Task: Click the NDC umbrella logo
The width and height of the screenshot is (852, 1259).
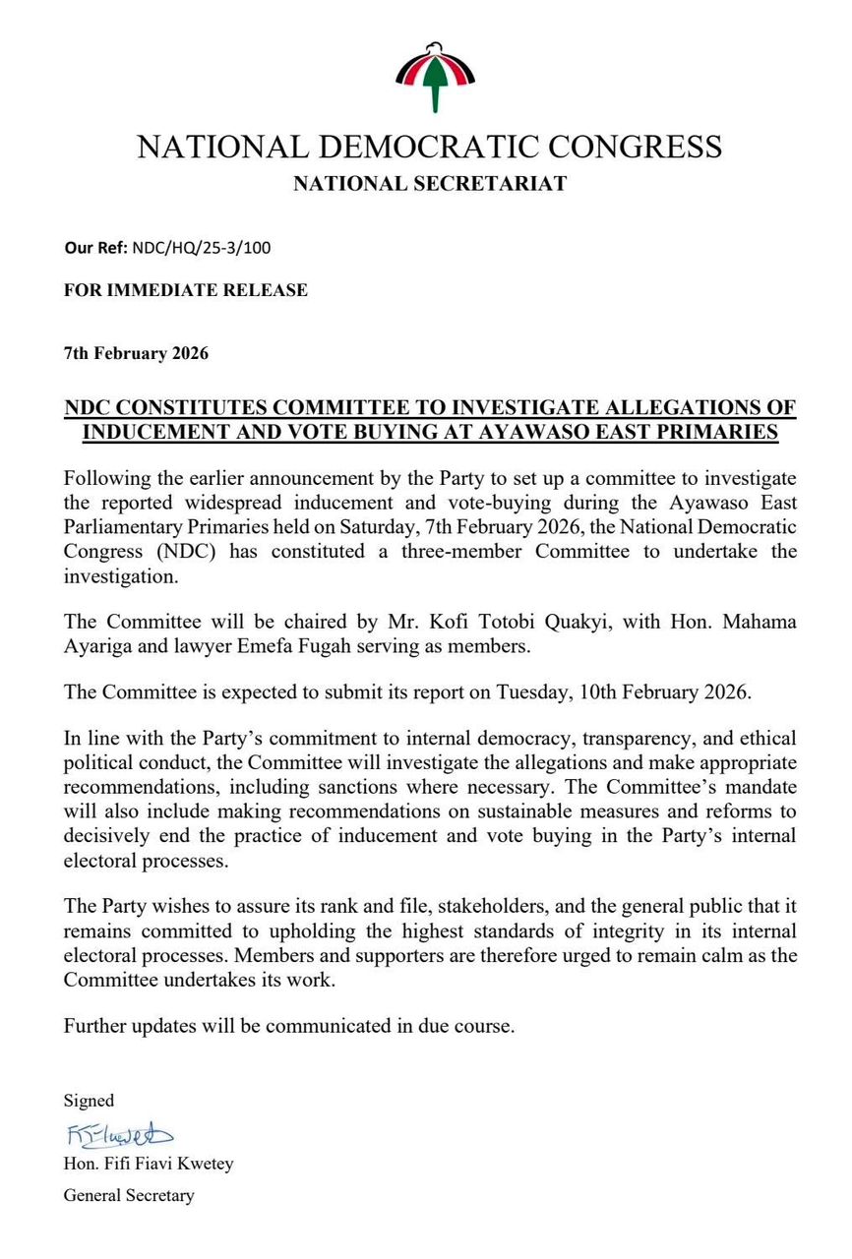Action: (x=435, y=76)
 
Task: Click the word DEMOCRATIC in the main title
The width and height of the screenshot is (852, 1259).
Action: (x=434, y=148)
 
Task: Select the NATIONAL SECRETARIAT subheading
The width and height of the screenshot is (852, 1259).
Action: (x=430, y=183)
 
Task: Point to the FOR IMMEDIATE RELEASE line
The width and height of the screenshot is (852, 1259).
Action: (x=186, y=290)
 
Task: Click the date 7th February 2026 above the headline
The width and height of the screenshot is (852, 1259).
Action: (x=136, y=353)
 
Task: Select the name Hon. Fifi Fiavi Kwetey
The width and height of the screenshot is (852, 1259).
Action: (x=149, y=1164)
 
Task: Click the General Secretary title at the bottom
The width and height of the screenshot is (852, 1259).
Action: (x=129, y=1196)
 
